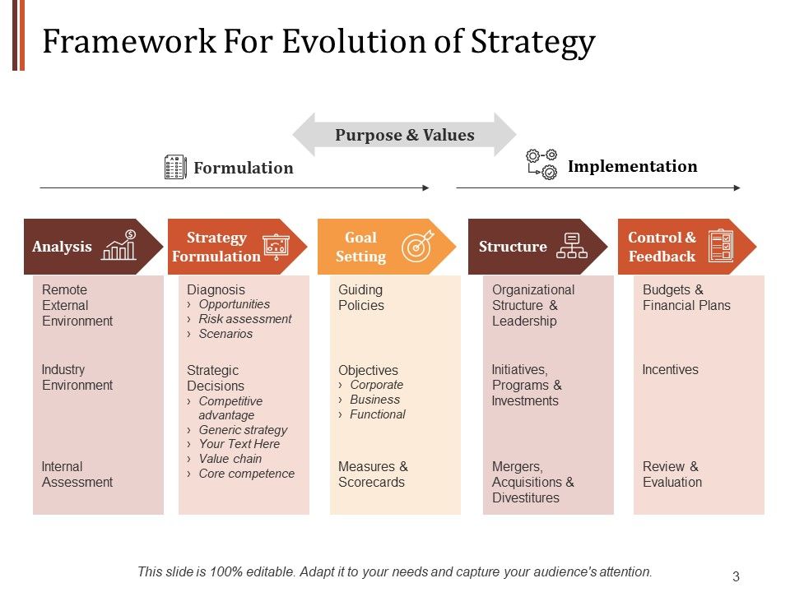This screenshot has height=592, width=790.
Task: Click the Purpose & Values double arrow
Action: tap(404, 135)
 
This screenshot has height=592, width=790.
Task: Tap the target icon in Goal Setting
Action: tap(416, 247)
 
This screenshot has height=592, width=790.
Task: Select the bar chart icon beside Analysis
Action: tap(119, 246)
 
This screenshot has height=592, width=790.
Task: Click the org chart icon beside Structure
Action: tap(571, 246)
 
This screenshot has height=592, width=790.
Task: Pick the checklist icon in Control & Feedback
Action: tap(720, 246)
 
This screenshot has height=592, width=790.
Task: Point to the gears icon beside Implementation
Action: tap(541, 164)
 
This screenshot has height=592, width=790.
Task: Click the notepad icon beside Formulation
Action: tap(175, 167)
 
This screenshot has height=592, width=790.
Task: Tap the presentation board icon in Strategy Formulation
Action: tap(276, 247)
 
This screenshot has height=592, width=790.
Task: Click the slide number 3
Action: tap(736, 576)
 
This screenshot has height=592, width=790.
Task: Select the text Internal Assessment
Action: tap(77, 474)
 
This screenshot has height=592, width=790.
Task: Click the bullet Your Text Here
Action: tap(239, 444)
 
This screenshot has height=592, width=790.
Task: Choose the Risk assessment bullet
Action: tap(244, 319)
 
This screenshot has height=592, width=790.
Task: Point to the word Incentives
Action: tap(670, 370)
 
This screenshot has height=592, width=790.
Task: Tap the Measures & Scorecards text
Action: tap(373, 474)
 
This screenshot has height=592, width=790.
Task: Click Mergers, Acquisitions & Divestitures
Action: tap(533, 482)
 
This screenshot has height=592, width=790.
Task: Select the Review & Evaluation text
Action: tap(671, 474)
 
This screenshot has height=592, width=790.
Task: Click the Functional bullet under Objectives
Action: tap(377, 414)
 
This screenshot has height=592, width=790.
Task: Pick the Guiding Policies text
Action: tap(361, 298)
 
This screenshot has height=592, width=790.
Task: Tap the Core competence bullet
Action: tap(246, 474)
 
